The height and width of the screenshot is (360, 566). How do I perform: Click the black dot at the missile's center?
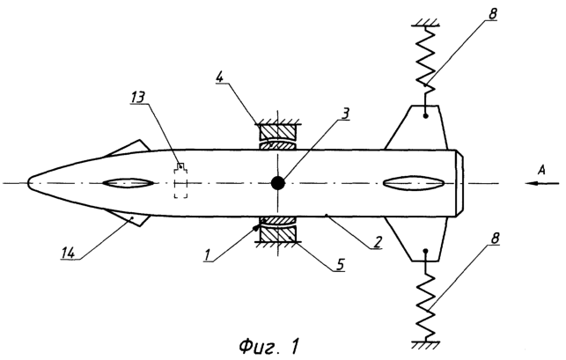(277, 183)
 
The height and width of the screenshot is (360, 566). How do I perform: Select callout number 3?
(345, 114)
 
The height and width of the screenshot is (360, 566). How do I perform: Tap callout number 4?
(220, 77)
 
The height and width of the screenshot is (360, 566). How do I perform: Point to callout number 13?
(137, 97)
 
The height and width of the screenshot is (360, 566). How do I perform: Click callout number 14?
(69, 253)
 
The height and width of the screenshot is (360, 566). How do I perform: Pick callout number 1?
(207, 255)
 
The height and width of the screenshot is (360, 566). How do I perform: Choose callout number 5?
(340, 265)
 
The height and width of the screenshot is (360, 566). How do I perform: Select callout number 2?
(377, 242)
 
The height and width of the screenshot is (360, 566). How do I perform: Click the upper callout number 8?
(492, 14)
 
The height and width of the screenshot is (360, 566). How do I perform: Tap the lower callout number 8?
(495, 238)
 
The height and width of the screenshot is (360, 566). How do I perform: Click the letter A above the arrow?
(540, 169)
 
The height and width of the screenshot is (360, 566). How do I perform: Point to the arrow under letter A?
(542, 183)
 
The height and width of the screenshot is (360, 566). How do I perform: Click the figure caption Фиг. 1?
(269, 347)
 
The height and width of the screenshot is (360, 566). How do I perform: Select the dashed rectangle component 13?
(180, 180)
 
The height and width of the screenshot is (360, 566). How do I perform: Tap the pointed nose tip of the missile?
(28, 183)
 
